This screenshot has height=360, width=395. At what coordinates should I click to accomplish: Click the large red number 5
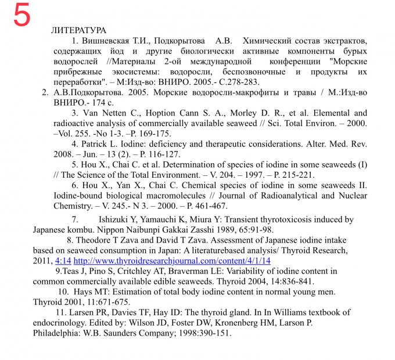click(21, 16)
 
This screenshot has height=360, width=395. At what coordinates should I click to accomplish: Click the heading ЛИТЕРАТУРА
click(78, 30)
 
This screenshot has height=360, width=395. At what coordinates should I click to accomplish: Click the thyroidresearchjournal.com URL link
click(172, 261)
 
